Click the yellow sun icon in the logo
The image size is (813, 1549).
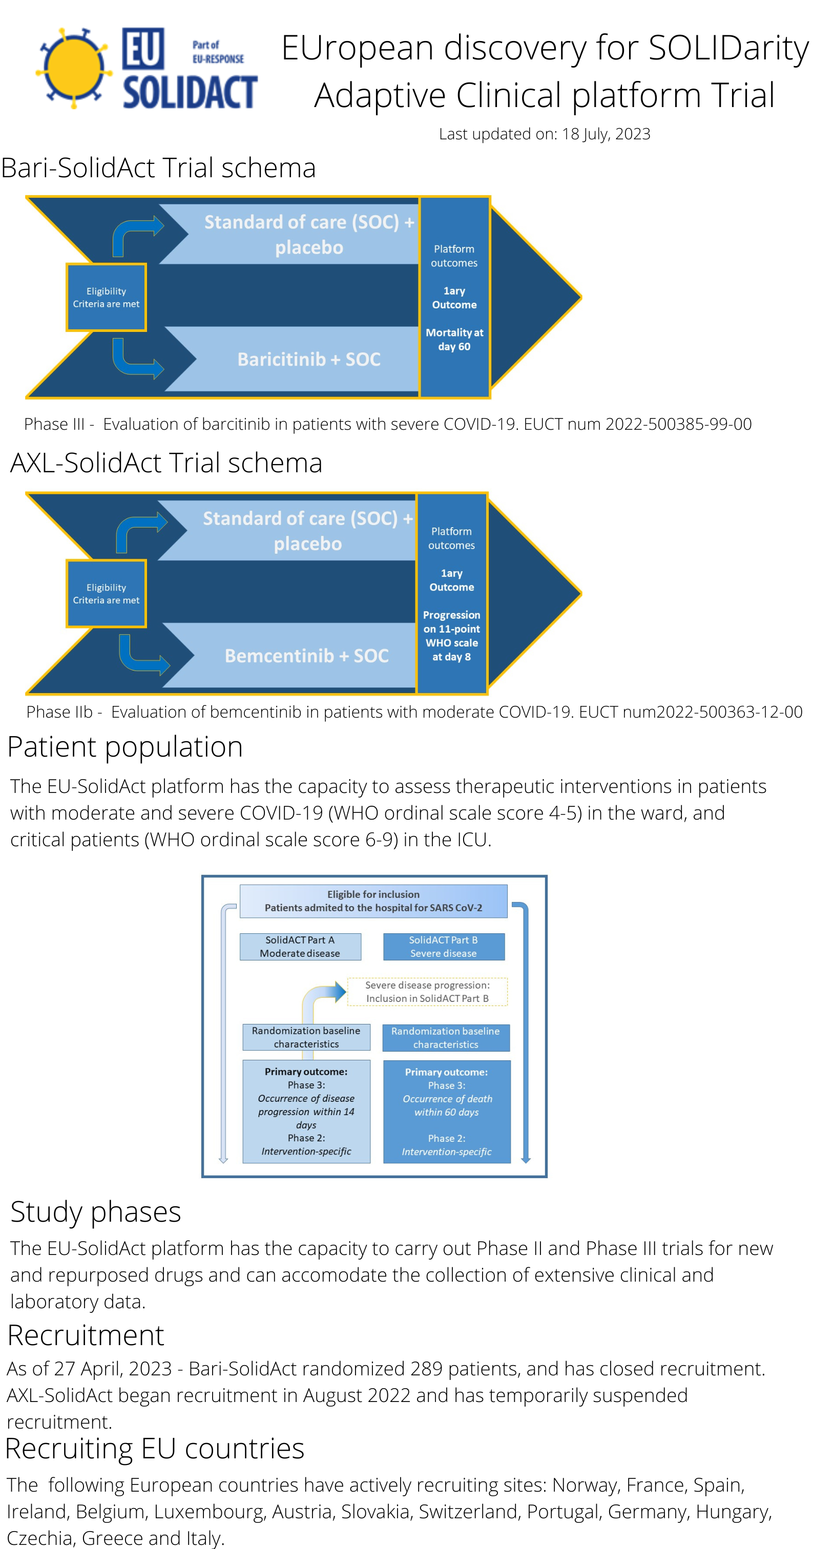pyautogui.click(x=73, y=68)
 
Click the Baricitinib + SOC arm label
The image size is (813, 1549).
pyautogui.click(x=308, y=359)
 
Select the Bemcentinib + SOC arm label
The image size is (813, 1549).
pyautogui.click(x=307, y=656)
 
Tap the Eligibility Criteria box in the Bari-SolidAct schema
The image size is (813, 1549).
pyautogui.click(x=106, y=297)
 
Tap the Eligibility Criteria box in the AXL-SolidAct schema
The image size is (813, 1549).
pyautogui.click(x=106, y=594)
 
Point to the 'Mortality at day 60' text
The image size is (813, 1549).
pyautogui.click(x=454, y=339)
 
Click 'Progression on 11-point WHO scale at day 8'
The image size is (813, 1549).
pyautogui.click(x=452, y=636)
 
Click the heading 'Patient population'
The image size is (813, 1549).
pyautogui.click(x=125, y=747)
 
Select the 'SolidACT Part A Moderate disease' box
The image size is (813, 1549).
pyautogui.click(x=300, y=947)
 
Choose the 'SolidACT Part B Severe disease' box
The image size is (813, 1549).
pyautogui.click(x=444, y=947)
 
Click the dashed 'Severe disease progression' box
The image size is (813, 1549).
pyautogui.click(x=428, y=992)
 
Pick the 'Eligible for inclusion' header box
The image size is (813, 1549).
pyautogui.click(x=373, y=901)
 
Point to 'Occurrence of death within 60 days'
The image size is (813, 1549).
pyautogui.click(x=447, y=1105)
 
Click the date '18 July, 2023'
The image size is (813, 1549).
pyautogui.click(x=606, y=134)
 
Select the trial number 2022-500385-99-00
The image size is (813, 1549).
pyautogui.click(x=678, y=424)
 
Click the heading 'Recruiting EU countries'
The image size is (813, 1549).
pyautogui.click(x=155, y=1449)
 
